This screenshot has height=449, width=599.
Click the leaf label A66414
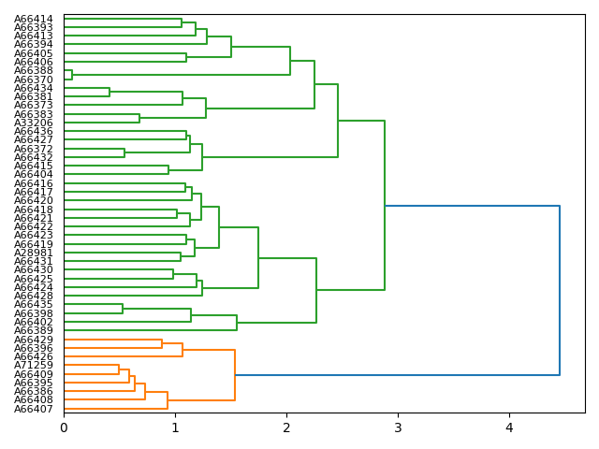click(x=34, y=19)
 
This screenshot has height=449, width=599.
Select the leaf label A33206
click(x=34, y=123)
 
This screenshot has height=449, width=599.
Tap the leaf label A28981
click(x=34, y=253)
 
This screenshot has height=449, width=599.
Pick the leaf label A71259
click(x=34, y=366)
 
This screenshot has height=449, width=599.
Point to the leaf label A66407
click(x=34, y=409)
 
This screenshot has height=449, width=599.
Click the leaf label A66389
click(x=34, y=331)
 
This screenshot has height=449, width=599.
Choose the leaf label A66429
click(x=34, y=340)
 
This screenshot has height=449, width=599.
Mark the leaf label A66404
click(x=34, y=175)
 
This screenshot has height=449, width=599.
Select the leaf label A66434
click(x=34, y=88)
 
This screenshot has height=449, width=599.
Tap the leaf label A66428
click(x=34, y=297)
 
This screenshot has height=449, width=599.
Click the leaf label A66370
click(x=34, y=80)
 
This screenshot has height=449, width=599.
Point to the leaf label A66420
click(x=34, y=201)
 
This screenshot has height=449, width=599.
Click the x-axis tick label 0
click(x=64, y=428)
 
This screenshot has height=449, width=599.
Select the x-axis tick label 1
click(x=175, y=428)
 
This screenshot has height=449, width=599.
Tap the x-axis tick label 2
click(x=286, y=428)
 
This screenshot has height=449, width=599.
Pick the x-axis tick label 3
click(x=398, y=428)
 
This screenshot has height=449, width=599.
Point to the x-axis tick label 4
click(x=509, y=428)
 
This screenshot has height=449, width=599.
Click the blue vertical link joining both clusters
click(x=560, y=290)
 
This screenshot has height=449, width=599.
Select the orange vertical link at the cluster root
click(x=235, y=375)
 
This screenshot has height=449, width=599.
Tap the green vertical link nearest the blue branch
click(x=385, y=206)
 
